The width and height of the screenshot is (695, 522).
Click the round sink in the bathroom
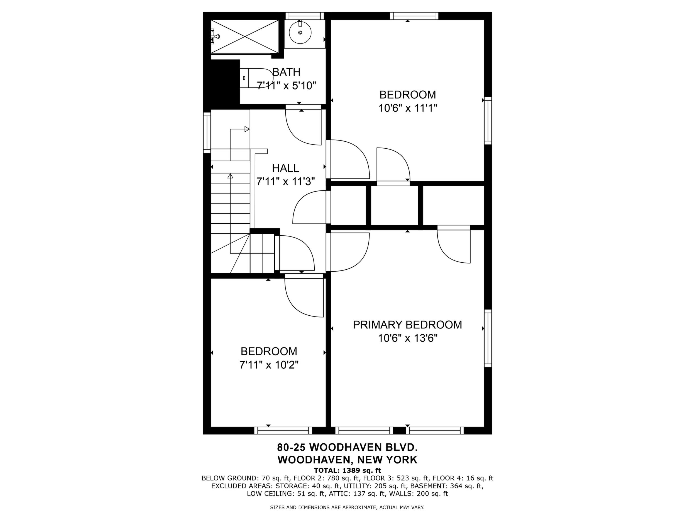[300, 32]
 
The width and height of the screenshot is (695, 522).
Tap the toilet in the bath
[256, 78]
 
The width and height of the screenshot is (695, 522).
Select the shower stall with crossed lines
[245, 37]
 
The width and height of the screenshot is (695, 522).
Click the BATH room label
[286, 72]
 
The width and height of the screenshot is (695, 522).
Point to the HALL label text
[285, 168]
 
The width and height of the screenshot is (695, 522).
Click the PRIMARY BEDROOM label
[407, 325]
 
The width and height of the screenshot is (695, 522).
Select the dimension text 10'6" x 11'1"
[408, 108]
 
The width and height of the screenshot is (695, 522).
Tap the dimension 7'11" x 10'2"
[269, 365]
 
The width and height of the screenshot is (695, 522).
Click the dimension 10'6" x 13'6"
[408, 338]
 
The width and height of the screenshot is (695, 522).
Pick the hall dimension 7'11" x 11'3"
[286, 182]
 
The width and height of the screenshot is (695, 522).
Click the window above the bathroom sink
[304, 16]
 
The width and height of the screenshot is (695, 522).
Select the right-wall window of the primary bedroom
[488, 338]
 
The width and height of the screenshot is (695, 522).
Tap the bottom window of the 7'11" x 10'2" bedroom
[283, 431]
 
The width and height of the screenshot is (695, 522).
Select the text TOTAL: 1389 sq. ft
[347, 470]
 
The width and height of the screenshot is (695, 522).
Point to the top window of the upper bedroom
[414, 16]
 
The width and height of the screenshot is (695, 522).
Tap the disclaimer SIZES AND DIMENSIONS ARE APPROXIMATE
[324, 507]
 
